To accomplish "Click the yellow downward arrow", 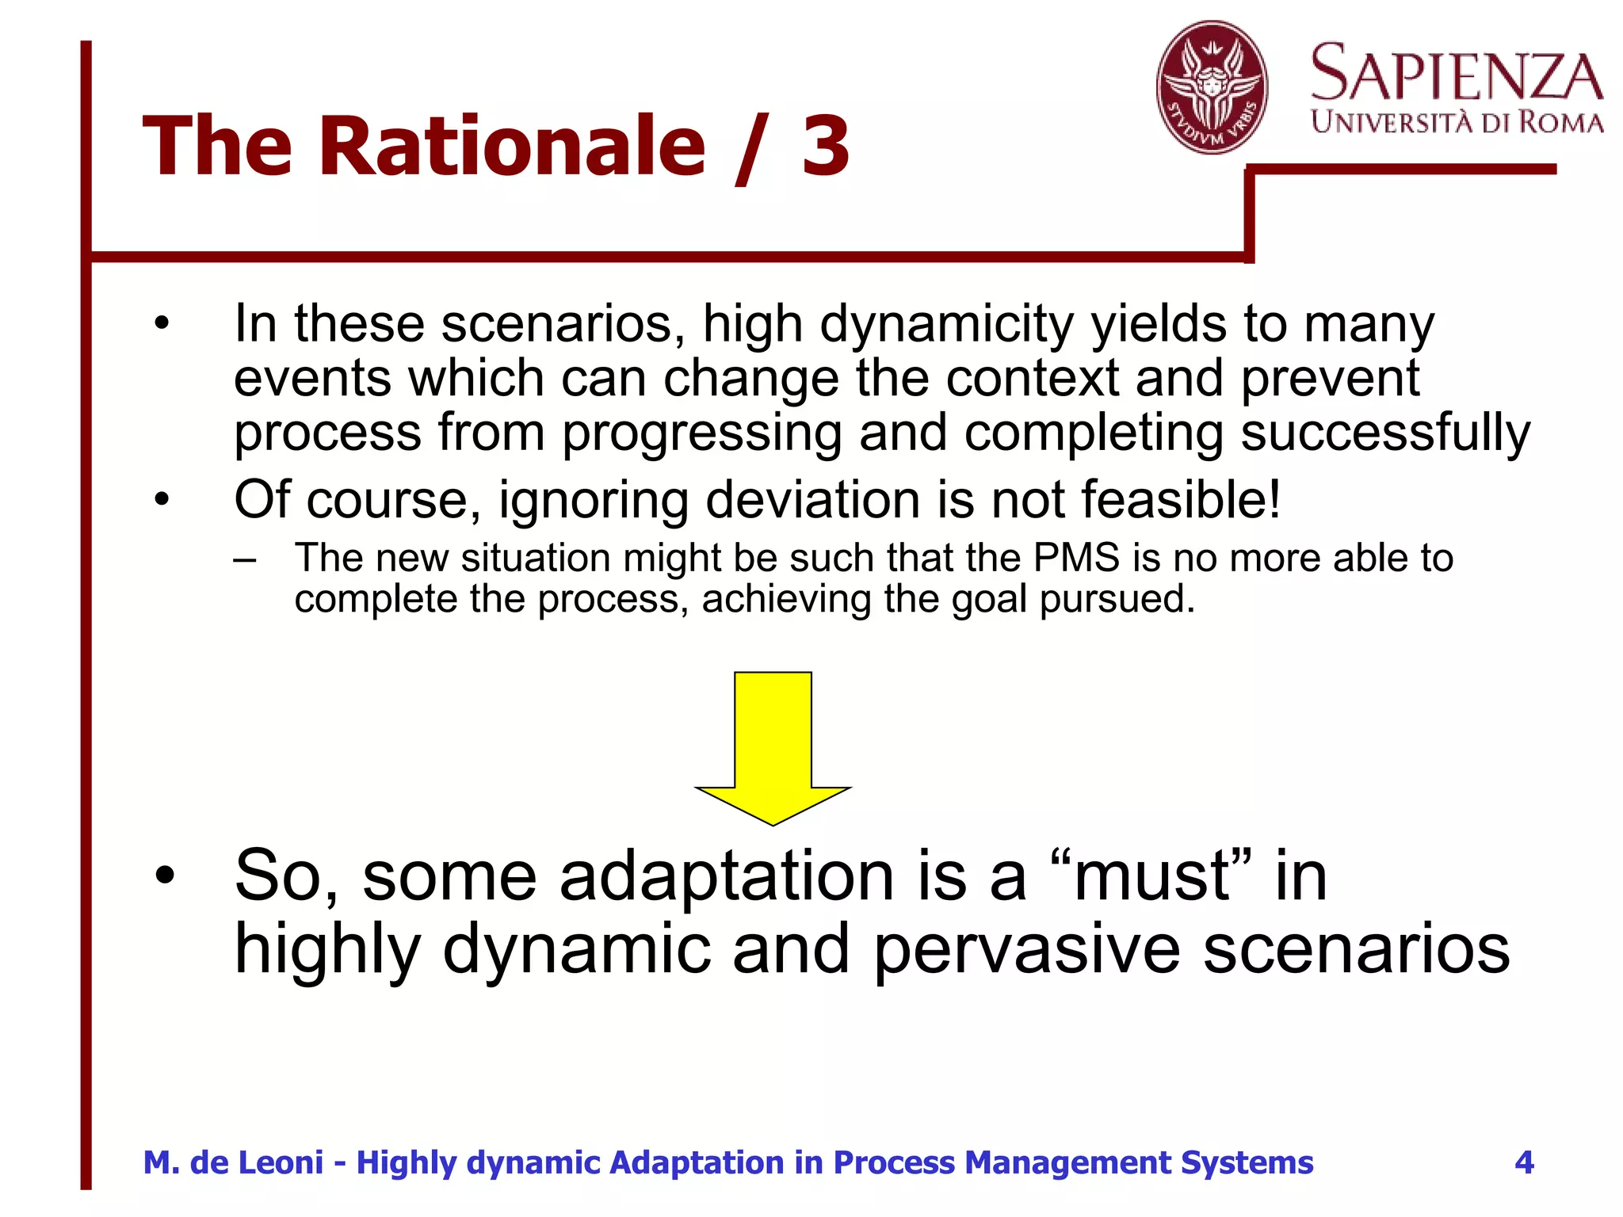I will click(x=773, y=745).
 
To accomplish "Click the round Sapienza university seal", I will click(x=1212, y=87).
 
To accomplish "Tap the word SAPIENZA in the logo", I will click(x=1457, y=74).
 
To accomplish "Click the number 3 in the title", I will click(x=825, y=147).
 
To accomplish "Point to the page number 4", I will click(x=1524, y=1162).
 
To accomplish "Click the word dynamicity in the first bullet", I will click(x=947, y=324).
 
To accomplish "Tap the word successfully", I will click(x=1385, y=433).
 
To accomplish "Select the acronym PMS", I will click(x=1076, y=558).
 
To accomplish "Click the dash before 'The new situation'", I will click(x=245, y=559).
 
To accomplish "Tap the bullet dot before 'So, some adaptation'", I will click(x=164, y=876).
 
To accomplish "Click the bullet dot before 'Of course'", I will click(x=162, y=500).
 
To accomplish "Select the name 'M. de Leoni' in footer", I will click(x=233, y=1162).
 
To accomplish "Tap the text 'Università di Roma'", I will click(x=1457, y=123).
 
